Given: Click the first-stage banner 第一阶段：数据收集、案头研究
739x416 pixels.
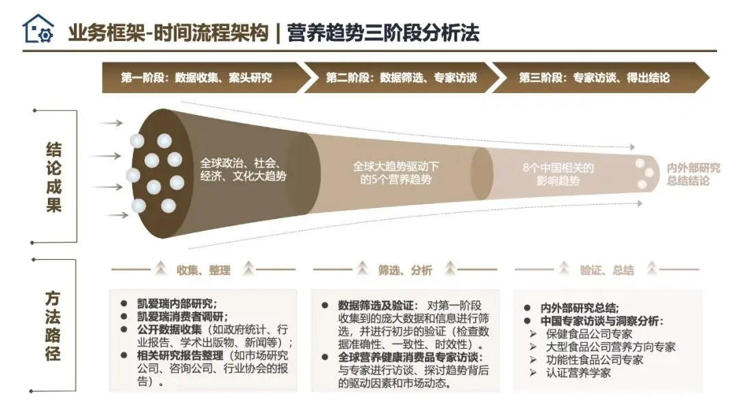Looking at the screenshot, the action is tap(196, 77).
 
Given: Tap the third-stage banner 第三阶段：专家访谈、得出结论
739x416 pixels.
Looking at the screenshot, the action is tap(593, 77).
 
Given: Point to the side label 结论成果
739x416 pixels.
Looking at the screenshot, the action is tap(54, 177).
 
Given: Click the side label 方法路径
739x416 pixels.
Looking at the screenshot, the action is tap(53, 325).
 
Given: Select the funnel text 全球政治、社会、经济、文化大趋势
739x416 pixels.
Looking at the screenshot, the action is tap(243, 170).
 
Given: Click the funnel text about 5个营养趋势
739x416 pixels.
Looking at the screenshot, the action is tap(396, 172).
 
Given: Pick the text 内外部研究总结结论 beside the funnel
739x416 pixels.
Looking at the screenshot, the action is tap(693, 174).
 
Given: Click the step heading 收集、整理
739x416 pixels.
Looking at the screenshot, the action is tap(203, 270).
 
